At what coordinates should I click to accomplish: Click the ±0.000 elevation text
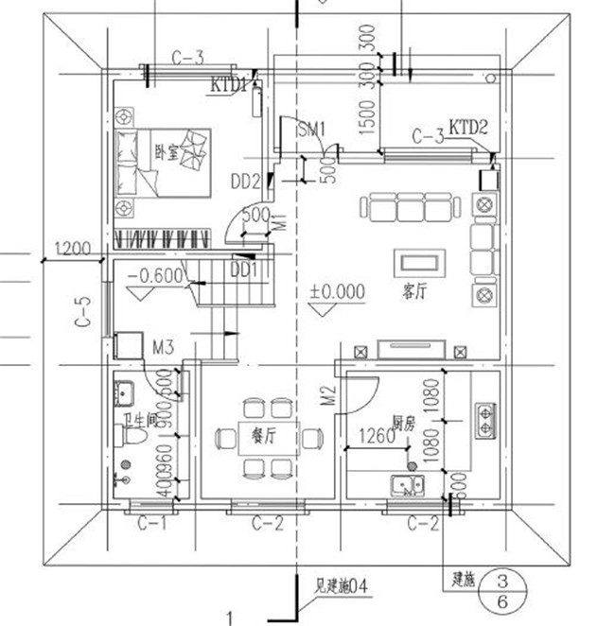(x=337, y=292)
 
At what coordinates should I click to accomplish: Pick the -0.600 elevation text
(x=155, y=276)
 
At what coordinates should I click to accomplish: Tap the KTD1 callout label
(x=229, y=85)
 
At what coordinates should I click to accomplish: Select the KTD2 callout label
(x=468, y=126)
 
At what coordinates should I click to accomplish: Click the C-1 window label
(x=152, y=522)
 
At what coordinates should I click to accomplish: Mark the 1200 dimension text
(x=73, y=250)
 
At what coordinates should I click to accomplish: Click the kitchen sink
(x=410, y=488)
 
